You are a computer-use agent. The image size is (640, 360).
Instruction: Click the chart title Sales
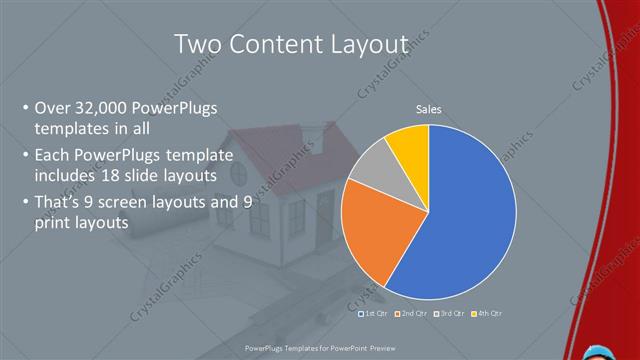(429, 110)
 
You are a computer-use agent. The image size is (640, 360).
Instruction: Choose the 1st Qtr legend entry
(373, 313)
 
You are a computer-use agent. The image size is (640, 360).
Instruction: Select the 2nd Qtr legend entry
(411, 313)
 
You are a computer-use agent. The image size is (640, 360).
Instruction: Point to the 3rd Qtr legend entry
(448, 313)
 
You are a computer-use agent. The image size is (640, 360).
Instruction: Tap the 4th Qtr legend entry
(485, 313)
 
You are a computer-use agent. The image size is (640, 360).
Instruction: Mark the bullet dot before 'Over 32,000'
(24, 109)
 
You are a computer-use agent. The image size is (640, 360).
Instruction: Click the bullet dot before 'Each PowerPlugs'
(24, 156)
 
